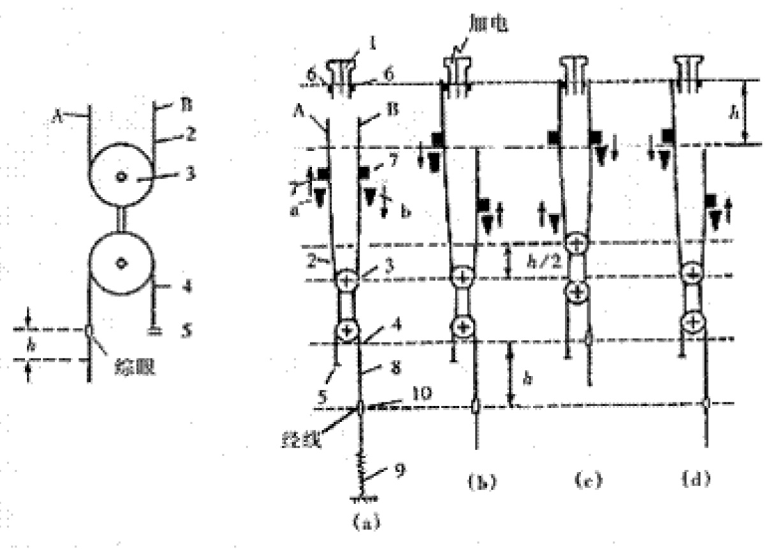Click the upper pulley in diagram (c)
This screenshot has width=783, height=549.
pos(576,243)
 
